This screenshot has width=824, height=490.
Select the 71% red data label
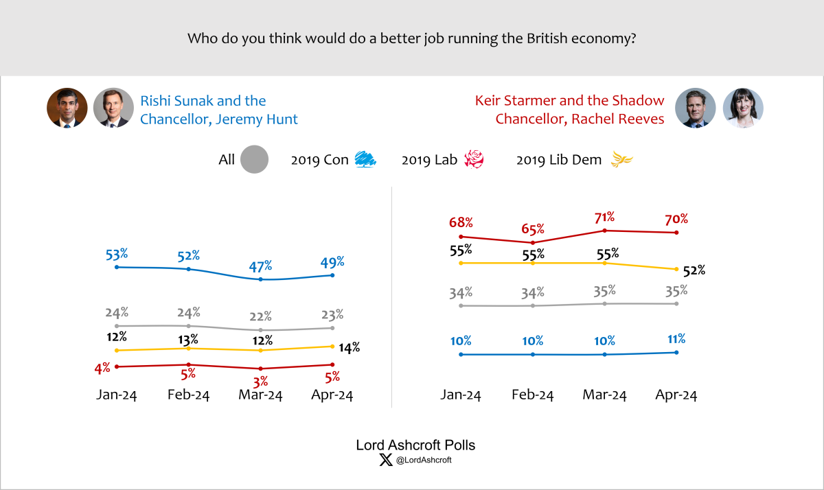pyautogui.click(x=604, y=218)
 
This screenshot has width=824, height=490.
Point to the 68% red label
pyautogui.click(x=461, y=223)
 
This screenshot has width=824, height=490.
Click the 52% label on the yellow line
pyautogui.click(x=694, y=270)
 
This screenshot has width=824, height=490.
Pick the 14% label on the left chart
pyautogui.click(x=351, y=348)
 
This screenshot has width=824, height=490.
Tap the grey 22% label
pyautogui.click(x=261, y=316)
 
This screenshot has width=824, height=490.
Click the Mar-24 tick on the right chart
pyautogui.click(x=604, y=395)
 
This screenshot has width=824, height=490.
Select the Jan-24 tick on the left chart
pyautogui.click(x=117, y=395)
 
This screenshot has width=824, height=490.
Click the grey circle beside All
pyautogui.click(x=255, y=160)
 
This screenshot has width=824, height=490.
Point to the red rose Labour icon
pyautogui.click(x=474, y=160)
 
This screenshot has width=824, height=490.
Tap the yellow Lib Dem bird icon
pyautogui.click(x=622, y=161)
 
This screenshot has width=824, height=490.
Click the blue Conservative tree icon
pyautogui.click(x=365, y=160)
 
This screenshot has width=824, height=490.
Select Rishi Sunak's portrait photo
pyautogui.click(x=67, y=108)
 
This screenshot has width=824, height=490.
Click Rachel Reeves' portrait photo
pyautogui.click(x=743, y=108)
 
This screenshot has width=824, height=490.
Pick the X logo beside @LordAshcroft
pyautogui.click(x=385, y=460)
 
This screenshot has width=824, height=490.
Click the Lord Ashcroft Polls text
pyautogui.click(x=415, y=445)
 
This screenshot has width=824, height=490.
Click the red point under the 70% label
pyautogui.click(x=677, y=233)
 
